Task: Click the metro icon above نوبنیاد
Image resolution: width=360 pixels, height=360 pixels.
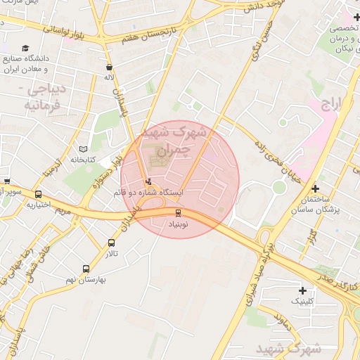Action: tap(177, 213)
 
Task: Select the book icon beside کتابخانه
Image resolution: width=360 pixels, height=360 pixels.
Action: tap(84, 150)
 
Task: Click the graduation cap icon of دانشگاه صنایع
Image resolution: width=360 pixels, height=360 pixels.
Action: tap(26, 49)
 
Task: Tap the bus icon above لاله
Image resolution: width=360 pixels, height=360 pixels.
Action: tap(108, 67)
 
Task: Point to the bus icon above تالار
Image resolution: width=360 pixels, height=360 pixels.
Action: tap(112, 243)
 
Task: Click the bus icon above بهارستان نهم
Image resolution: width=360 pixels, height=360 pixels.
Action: tap(86, 269)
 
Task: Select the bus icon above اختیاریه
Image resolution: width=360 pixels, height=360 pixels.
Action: tap(38, 195)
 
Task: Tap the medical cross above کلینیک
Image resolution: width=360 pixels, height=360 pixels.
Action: tap(303, 290)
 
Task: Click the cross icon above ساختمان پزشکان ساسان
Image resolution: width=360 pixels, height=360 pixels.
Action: tap(315, 188)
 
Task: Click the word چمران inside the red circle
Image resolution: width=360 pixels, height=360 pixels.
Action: tap(172, 150)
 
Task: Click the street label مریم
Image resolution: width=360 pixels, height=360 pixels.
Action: tap(63, 209)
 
